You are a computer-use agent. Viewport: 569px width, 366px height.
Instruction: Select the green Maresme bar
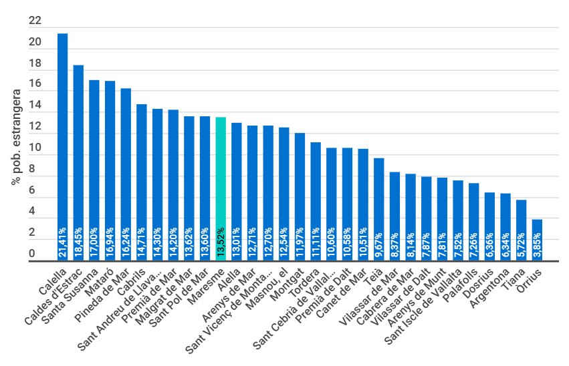221,180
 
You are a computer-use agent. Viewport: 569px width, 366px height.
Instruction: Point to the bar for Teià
378,200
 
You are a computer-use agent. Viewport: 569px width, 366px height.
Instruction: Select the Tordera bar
316,194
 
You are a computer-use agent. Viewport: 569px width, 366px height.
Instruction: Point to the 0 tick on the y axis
31,254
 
